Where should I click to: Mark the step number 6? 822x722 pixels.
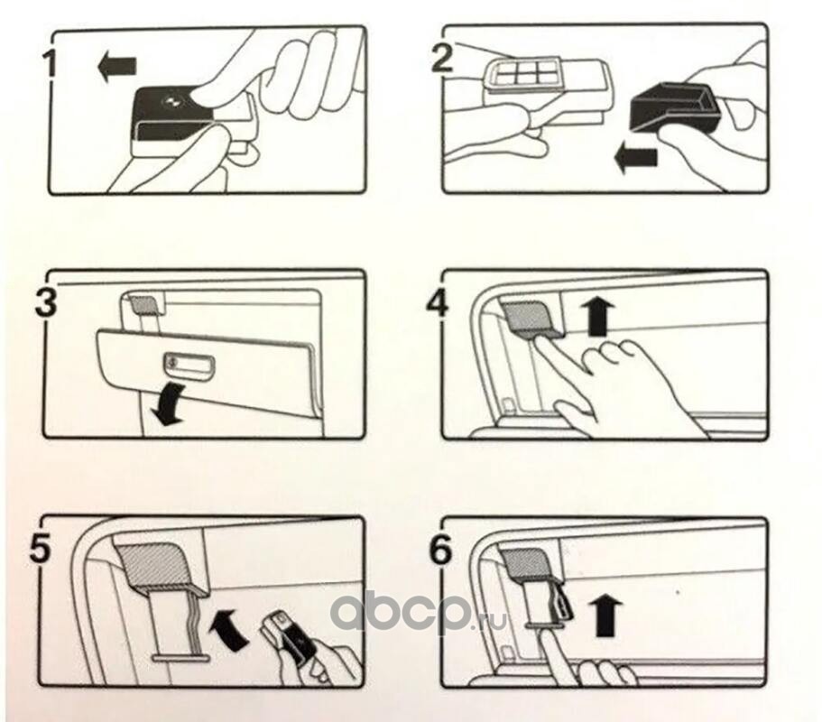click(439, 549)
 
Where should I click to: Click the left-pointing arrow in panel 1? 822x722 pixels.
click(117, 67)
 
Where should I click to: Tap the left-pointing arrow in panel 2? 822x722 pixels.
click(635, 159)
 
